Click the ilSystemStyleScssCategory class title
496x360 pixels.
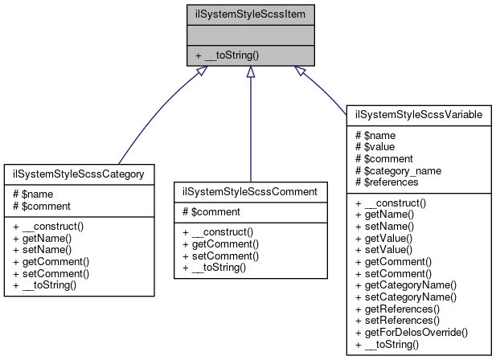point(79,174)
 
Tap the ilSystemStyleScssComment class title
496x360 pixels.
point(251,191)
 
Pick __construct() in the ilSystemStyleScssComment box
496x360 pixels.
point(222,232)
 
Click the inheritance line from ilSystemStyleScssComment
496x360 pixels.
point(251,129)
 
